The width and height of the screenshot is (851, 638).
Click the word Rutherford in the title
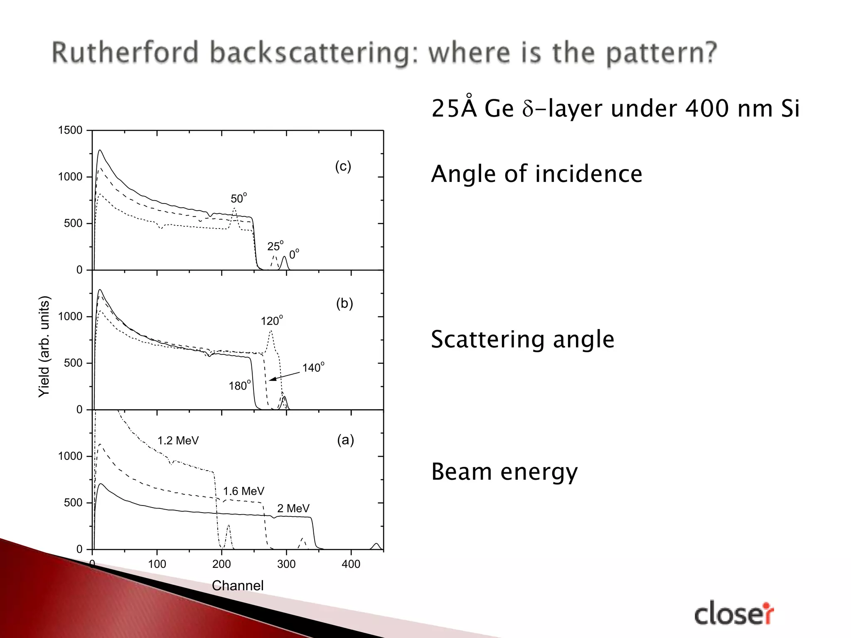[x=125, y=53]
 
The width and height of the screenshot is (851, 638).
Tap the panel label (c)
[x=343, y=167]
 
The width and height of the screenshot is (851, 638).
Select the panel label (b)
[x=344, y=304]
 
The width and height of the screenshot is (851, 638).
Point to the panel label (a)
[x=345, y=439]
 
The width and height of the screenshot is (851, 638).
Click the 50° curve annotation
[x=239, y=198]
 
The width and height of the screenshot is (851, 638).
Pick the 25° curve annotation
[x=275, y=246]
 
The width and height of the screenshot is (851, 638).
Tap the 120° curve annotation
[x=272, y=321]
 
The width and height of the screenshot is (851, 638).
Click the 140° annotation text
[x=313, y=367]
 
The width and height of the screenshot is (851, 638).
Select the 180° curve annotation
[x=240, y=385]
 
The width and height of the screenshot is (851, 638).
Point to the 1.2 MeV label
[x=178, y=441]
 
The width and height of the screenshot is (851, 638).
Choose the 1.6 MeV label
[x=243, y=491]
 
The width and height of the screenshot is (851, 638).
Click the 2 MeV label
[x=293, y=508]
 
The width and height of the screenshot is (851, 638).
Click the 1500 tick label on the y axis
[x=70, y=130]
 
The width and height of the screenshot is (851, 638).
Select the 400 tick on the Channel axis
[x=351, y=564]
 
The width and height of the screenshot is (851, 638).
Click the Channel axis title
[x=238, y=586]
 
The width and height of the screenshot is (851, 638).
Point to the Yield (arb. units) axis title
[x=44, y=346]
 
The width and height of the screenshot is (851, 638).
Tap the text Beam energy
[x=504, y=472]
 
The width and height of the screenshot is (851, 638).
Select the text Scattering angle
[x=523, y=339]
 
